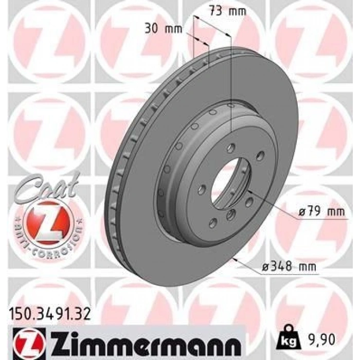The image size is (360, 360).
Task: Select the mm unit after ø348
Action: (308, 266)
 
